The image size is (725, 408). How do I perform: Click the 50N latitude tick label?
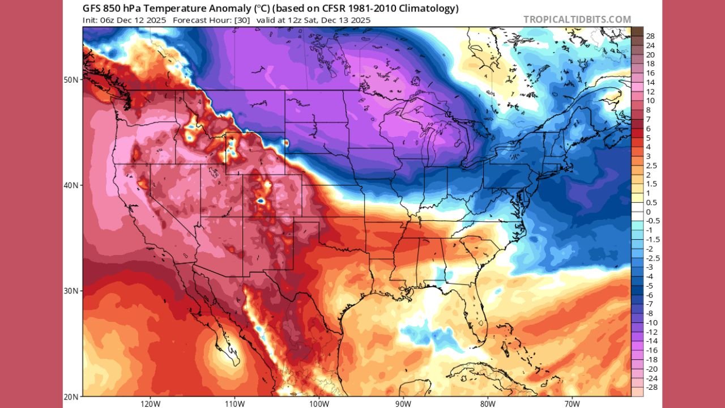[71, 80]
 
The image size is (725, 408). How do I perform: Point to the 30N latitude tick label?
[71, 291]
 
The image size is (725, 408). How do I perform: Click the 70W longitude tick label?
[572, 403]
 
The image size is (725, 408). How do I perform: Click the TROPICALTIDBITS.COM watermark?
[577, 19]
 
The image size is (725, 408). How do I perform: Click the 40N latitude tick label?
[71, 185]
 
